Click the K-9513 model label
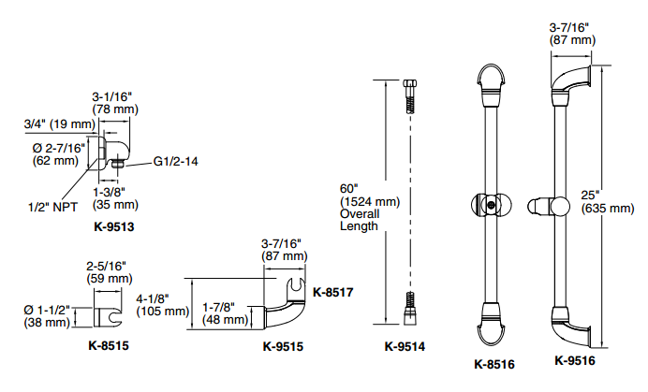coord(114,226)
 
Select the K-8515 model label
coord(109,345)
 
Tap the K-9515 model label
coord(283,346)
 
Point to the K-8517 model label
coord(333,293)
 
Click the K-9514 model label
coord(405,346)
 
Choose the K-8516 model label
coord(494,364)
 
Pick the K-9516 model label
coord(575,360)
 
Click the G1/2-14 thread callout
coord(176,161)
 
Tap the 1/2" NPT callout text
coord(52,207)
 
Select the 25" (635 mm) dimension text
coord(608,201)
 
